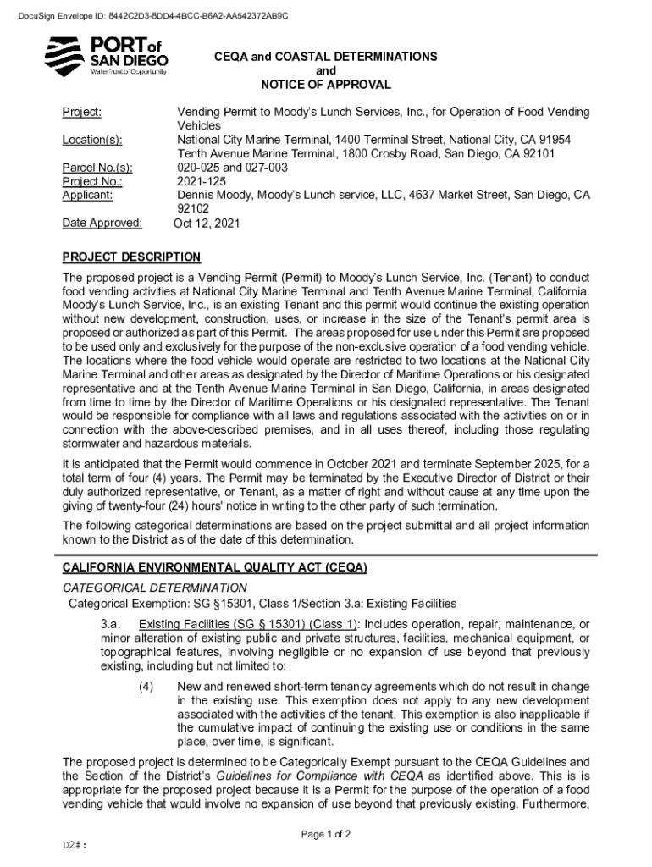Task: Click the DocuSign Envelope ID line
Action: tap(146, 15)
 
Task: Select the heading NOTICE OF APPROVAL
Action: tap(326, 85)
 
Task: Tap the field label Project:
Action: tap(82, 113)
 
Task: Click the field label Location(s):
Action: tap(92, 140)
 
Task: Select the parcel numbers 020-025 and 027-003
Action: tap(232, 168)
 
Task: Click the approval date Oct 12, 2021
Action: tap(207, 224)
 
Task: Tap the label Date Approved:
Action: tap(102, 224)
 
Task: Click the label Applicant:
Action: tap(88, 195)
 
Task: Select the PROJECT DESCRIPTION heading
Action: tap(132, 257)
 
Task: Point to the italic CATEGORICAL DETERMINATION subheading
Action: tap(155, 588)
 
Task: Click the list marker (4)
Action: tap(145, 686)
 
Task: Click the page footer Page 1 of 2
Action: tap(326, 834)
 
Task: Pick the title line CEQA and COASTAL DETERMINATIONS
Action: tap(326, 57)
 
